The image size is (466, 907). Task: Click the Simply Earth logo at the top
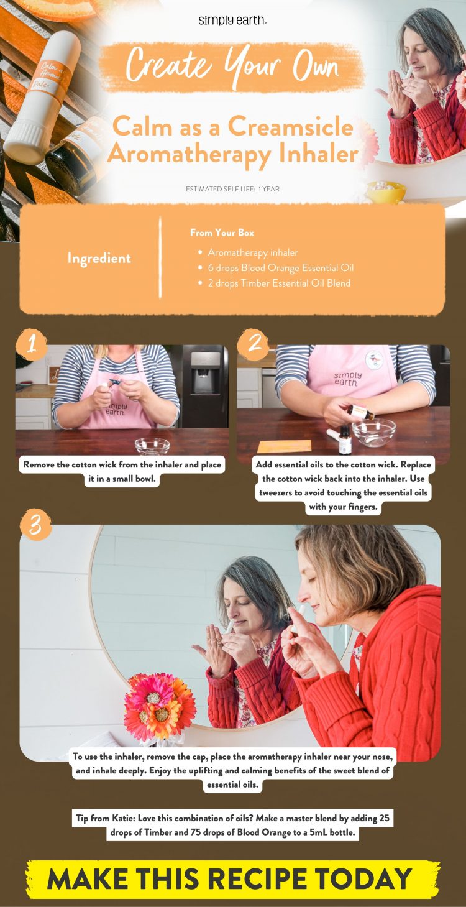pos(232,21)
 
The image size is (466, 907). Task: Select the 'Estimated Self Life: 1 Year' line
pos(232,189)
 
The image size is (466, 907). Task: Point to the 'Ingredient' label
pos(99,258)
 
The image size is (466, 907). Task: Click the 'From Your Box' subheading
pos(222,233)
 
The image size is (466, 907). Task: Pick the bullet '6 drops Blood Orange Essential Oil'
pos(280,268)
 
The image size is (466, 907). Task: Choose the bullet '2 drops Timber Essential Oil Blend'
pos(279,283)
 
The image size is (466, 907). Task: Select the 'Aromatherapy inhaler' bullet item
pos(253,252)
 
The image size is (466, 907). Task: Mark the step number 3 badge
pos(35,525)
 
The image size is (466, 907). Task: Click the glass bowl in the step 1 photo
pos(152,445)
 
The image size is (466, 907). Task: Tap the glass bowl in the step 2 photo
pos(373,431)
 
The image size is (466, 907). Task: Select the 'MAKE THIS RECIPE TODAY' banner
pos(232,878)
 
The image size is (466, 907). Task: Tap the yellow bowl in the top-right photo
pos(385,191)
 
